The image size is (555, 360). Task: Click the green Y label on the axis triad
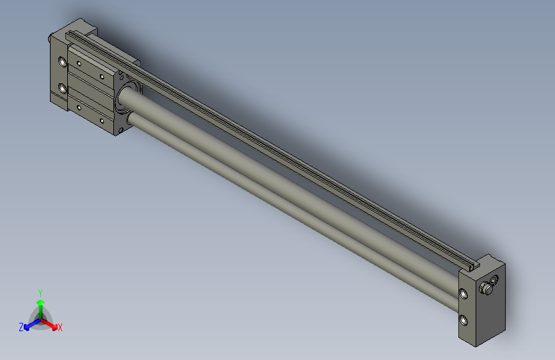point(40,291)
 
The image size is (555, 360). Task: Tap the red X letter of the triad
point(60,328)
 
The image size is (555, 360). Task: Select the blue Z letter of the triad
point(21,327)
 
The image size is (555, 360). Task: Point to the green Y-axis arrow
point(40,304)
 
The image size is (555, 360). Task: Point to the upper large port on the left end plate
point(62,63)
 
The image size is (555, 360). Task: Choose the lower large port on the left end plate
point(62,88)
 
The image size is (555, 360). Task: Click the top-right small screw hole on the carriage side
point(102,77)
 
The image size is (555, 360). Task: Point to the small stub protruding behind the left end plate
point(50,39)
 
